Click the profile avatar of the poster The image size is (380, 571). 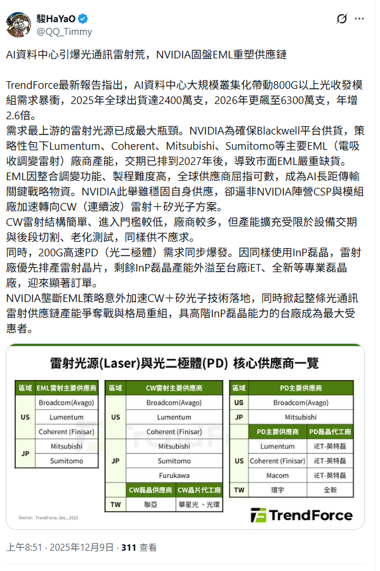[20, 23]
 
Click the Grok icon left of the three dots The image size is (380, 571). [342, 19]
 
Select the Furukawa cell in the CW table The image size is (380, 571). [174, 475]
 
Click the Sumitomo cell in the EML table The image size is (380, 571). [67, 461]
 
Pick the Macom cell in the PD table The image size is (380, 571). [277, 475]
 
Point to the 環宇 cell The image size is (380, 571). [277, 490]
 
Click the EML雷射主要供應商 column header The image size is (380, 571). [67, 387]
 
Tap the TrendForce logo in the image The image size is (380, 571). [302, 515]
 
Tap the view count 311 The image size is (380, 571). [129, 548]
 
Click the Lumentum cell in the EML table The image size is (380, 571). [67, 416]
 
